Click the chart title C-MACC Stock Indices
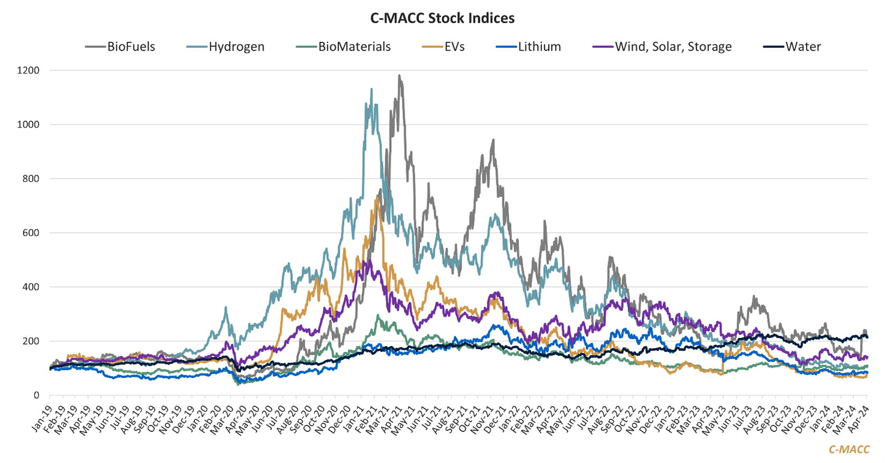(x=442, y=18)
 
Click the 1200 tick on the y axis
(x=29, y=70)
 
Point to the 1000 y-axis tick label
(x=29, y=124)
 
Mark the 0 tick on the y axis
(x=36, y=395)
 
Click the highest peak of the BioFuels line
(x=399, y=76)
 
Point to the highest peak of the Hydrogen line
(x=371, y=90)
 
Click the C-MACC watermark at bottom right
(x=849, y=450)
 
